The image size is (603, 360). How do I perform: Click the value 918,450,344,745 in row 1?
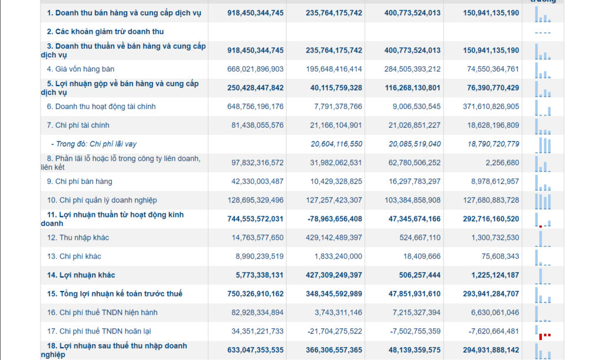tap(256, 13)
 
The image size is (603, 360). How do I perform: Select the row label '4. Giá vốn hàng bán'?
tap(80, 70)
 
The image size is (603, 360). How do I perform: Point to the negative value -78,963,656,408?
tap(335, 219)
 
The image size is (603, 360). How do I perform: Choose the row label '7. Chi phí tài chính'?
tap(78, 125)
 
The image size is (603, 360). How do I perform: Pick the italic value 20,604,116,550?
tap(336, 144)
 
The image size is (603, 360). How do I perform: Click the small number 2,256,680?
tap(502, 163)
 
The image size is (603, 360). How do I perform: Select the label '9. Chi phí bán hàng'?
tap(79, 181)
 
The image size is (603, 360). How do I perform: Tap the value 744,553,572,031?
tap(256, 219)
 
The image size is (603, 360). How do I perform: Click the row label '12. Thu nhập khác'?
tap(78, 237)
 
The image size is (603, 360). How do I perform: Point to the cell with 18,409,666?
tap(422, 256)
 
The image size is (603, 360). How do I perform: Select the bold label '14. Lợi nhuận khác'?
tap(81, 275)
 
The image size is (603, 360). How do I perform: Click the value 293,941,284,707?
tap(491, 294)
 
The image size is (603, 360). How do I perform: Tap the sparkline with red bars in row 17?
tap(543, 333)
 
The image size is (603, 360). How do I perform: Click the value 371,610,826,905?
tap(491, 107)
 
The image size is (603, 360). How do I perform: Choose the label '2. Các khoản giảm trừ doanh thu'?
tap(105, 32)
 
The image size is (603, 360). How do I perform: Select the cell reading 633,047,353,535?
tap(256, 350)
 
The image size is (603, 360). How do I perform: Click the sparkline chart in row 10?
tap(543, 201)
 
